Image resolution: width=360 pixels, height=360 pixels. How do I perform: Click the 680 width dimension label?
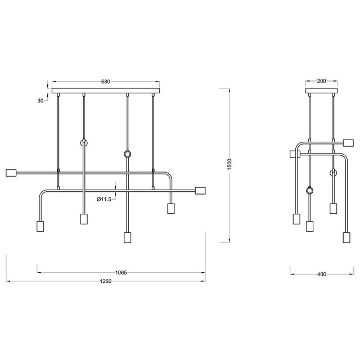[x=105, y=82]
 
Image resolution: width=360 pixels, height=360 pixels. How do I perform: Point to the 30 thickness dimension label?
[x=40, y=101]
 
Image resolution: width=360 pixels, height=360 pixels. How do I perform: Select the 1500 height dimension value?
[x=229, y=165]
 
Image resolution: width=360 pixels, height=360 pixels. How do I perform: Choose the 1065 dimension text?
[x=121, y=273]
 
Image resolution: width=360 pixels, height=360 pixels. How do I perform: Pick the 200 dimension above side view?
[x=321, y=82]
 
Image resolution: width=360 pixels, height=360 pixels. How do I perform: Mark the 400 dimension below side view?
[x=321, y=274]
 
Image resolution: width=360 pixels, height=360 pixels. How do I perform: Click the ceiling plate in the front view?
[x=105, y=90]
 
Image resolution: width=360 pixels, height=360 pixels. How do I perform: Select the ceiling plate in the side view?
[x=321, y=90]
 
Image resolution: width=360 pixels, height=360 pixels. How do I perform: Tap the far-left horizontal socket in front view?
[x=11, y=172]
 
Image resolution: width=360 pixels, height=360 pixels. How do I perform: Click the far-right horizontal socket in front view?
[x=200, y=190]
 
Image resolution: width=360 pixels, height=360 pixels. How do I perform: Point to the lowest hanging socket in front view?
[x=127, y=236]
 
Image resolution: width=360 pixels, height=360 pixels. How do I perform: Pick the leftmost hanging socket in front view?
[x=40, y=226]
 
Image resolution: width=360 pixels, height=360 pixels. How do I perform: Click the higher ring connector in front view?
[x=84, y=143]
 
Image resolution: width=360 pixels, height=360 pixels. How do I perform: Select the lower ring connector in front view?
[x=127, y=154]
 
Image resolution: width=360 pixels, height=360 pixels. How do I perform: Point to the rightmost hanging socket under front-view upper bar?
[x=170, y=209]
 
